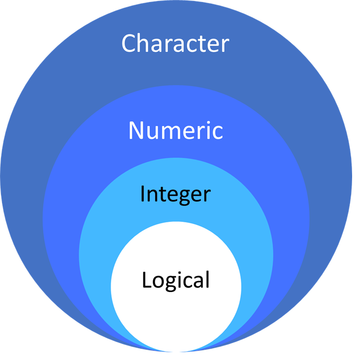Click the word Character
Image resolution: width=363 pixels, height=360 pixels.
point(175,44)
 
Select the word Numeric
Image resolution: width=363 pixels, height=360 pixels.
point(176,130)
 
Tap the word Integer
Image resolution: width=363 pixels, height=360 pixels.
point(176,195)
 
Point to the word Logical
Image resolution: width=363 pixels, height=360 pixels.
point(176,281)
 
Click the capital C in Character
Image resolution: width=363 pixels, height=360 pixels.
point(130,44)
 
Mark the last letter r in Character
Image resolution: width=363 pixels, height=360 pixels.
point(224,46)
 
